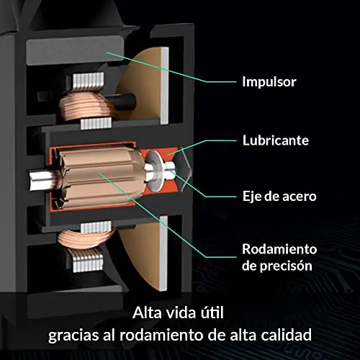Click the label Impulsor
(269, 82)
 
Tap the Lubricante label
(276, 140)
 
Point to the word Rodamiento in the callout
(279, 249)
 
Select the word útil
(212, 312)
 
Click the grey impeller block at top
(75, 50)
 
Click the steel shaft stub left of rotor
(42, 180)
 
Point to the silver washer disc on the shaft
(155, 171)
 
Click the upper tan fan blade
(143, 84)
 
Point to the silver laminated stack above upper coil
(89, 81)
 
